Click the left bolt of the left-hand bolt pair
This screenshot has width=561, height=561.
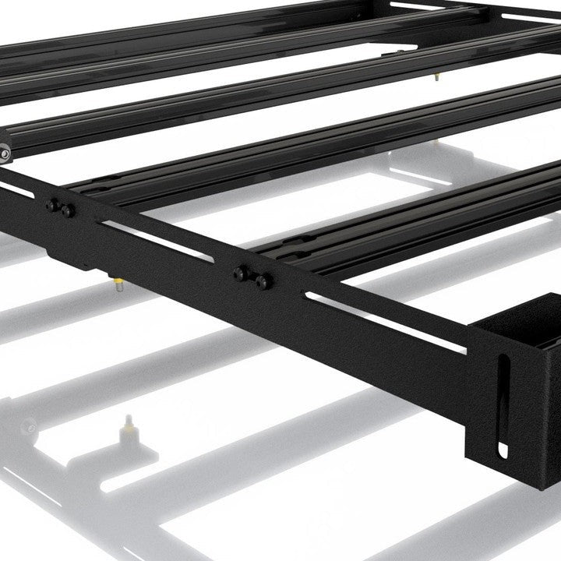pyautogui.click(x=53, y=206)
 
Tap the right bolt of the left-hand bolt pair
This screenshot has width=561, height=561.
pyautogui.click(x=69, y=210)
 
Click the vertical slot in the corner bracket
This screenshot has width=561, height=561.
pyautogui.click(x=503, y=405)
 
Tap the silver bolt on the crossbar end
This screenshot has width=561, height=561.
pyautogui.click(x=5, y=153)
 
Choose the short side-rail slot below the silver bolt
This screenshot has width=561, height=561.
pyautogui.click(x=16, y=188)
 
